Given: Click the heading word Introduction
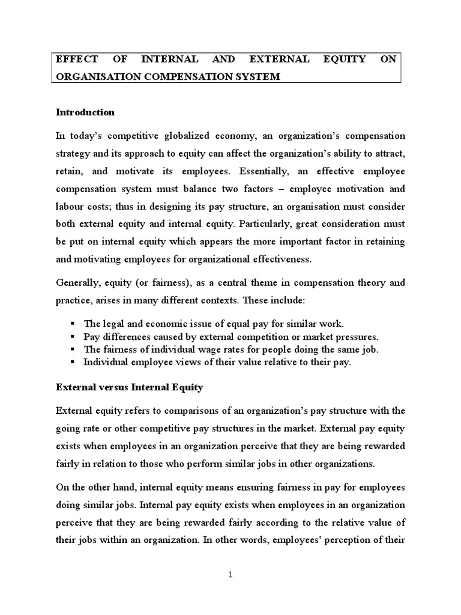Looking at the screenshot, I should click(x=85, y=112).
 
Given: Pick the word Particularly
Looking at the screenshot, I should click(x=268, y=223).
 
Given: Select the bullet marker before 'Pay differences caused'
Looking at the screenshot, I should click(x=73, y=336).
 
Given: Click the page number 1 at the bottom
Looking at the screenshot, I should click(x=230, y=575).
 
